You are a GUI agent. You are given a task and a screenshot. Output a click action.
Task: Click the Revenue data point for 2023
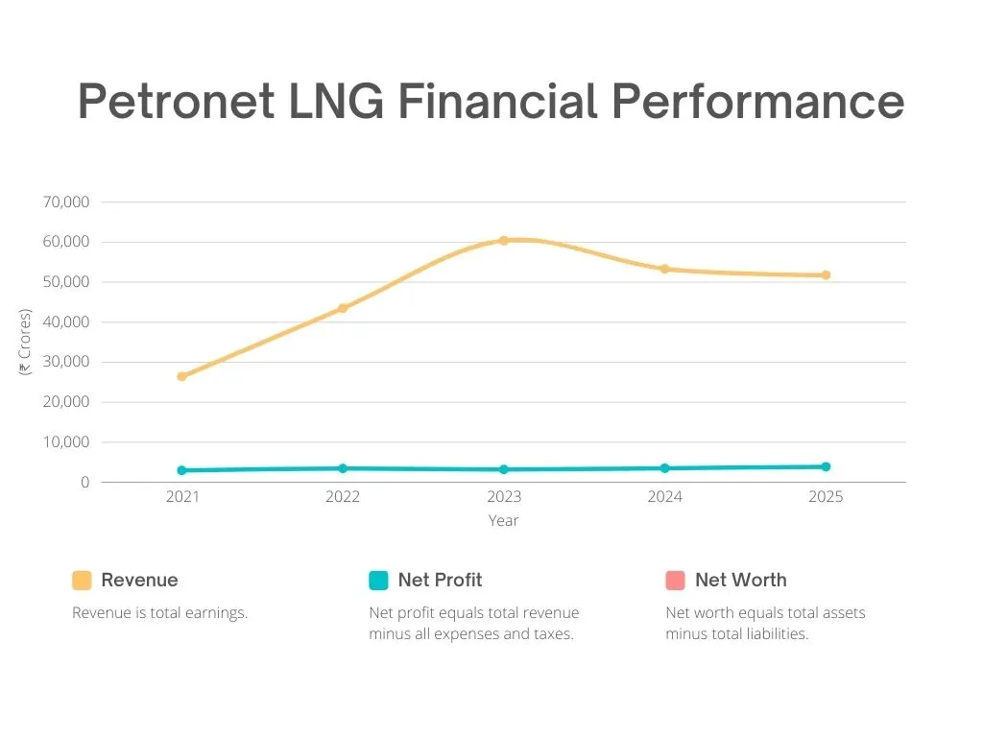click(503, 240)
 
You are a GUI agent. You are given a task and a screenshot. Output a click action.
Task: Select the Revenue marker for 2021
click(181, 376)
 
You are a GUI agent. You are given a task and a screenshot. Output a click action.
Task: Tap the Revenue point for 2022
click(343, 308)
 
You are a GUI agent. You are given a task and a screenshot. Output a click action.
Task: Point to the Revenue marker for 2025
click(826, 275)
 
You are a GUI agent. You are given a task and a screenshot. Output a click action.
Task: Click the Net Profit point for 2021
click(181, 470)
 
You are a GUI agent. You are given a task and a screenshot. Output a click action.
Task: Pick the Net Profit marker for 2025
click(826, 466)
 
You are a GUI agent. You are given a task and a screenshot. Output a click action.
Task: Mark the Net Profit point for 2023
click(503, 469)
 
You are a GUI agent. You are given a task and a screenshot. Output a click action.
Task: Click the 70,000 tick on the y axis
click(66, 202)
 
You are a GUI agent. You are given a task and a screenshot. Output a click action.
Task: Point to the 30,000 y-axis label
click(66, 362)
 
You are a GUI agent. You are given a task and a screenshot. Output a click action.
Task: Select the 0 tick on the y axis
click(84, 483)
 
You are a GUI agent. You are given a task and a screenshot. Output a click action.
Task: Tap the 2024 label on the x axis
click(664, 497)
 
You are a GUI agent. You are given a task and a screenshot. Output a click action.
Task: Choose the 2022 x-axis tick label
click(343, 497)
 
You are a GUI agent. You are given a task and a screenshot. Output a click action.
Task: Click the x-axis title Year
click(503, 520)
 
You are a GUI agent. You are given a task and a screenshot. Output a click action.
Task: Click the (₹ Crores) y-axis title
click(26, 342)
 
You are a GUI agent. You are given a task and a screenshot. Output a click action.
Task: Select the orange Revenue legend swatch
click(82, 581)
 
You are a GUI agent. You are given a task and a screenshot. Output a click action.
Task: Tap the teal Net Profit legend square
click(378, 581)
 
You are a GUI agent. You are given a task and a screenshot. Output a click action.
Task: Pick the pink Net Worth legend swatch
click(675, 581)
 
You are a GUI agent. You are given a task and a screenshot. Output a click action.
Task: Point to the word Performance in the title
click(757, 101)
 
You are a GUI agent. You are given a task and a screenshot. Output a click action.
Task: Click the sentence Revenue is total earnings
click(159, 612)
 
